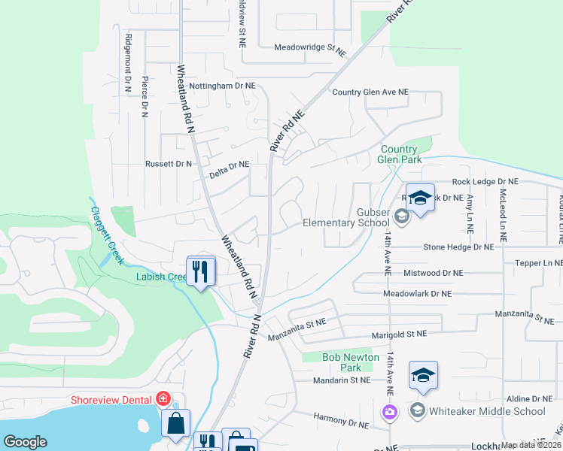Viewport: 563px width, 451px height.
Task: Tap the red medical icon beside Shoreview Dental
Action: (163, 399)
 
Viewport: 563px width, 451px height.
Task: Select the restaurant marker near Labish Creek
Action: (199, 271)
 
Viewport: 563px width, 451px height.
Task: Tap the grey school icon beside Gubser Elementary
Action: (401, 217)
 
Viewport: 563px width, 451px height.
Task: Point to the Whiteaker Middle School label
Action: (476, 411)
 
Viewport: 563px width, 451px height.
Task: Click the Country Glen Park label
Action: (400, 154)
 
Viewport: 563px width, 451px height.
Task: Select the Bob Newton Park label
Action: (350, 363)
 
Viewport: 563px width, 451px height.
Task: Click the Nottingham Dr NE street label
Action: (222, 86)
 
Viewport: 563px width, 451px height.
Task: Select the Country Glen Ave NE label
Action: (370, 92)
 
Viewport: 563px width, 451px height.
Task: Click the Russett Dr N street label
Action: (169, 163)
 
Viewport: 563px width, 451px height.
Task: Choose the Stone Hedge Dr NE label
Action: (458, 247)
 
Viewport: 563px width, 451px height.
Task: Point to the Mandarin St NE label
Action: (342, 380)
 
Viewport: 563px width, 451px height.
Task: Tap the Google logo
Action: (25, 442)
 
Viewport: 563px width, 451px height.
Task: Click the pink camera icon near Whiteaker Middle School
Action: (389, 411)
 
